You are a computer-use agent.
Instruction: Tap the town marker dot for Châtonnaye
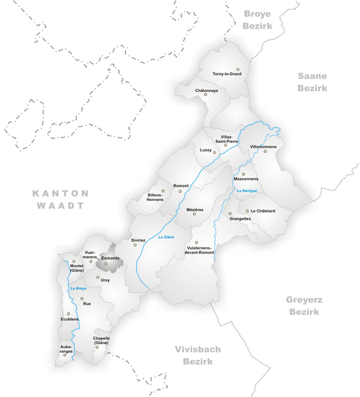coord(206,95)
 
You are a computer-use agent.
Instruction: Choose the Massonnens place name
coord(246,179)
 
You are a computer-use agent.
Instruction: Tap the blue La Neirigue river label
coord(247,191)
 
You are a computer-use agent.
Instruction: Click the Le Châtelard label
coord(263,211)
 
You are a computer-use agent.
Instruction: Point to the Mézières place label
coord(195,209)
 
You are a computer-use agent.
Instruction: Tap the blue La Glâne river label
coord(165,237)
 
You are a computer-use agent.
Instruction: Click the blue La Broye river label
coord(78,288)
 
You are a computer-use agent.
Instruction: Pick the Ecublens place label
coord(69,319)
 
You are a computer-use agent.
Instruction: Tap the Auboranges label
coord(66,348)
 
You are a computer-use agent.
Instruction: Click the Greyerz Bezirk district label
coord(304,304)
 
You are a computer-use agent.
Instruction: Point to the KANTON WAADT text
coord(60,199)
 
